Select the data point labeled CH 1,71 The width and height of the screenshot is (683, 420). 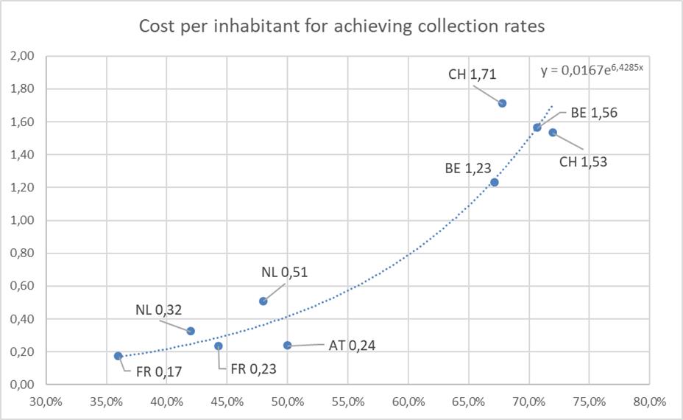pos(502,103)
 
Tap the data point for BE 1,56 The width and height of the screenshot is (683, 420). pos(537,127)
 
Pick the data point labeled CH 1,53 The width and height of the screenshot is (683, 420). pos(553,133)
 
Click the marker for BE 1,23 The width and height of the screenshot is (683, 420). pos(495,182)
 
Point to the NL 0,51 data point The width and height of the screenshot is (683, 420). pos(263,301)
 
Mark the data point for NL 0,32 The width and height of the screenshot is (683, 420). pos(191,331)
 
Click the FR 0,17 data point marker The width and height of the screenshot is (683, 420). pos(118,356)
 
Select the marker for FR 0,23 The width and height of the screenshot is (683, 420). pos(218,346)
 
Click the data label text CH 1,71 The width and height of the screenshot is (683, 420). pos(473,74)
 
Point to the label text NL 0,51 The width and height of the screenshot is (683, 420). pos(284,272)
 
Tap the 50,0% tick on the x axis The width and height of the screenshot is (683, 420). pos(287,402)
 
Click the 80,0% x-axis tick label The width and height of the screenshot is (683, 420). pos(649,402)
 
